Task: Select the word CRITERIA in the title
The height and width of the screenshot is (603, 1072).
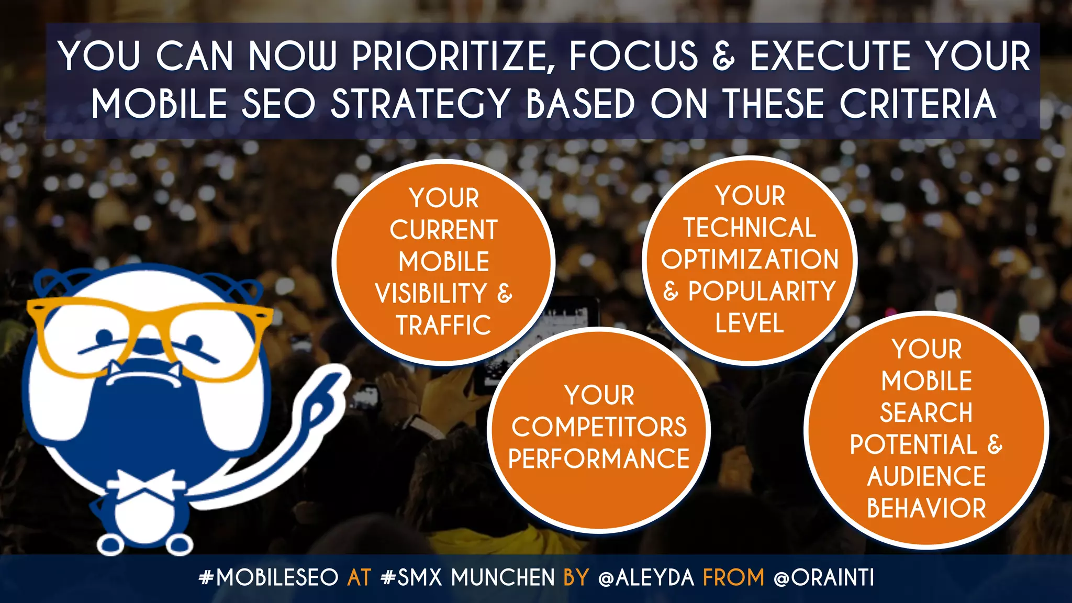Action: [x=918, y=104]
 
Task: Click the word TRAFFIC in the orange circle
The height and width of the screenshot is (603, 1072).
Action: [x=443, y=326]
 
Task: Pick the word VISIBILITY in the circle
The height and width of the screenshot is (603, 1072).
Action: [x=431, y=294]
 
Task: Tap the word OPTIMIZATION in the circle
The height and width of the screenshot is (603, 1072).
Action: [x=750, y=260]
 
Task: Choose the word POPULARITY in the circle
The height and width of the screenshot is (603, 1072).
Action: [x=762, y=292]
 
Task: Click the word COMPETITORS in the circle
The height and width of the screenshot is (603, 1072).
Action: [x=599, y=427]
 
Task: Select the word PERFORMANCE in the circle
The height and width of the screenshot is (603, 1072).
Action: [x=599, y=459]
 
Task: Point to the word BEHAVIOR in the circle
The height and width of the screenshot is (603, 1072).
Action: [x=926, y=508]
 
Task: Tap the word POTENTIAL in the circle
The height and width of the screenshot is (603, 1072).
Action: [x=913, y=445]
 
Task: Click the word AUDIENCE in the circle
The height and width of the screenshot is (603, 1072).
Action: [x=926, y=476]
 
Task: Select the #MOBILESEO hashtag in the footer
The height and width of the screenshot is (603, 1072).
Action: [x=269, y=578]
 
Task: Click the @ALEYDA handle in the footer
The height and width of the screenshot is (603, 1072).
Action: [x=646, y=578]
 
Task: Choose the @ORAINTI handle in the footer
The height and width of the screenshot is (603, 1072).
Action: [x=824, y=578]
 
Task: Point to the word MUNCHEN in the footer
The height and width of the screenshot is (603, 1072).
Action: [x=502, y=578]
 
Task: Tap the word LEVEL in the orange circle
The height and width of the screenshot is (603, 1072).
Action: [x=750, y=323]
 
